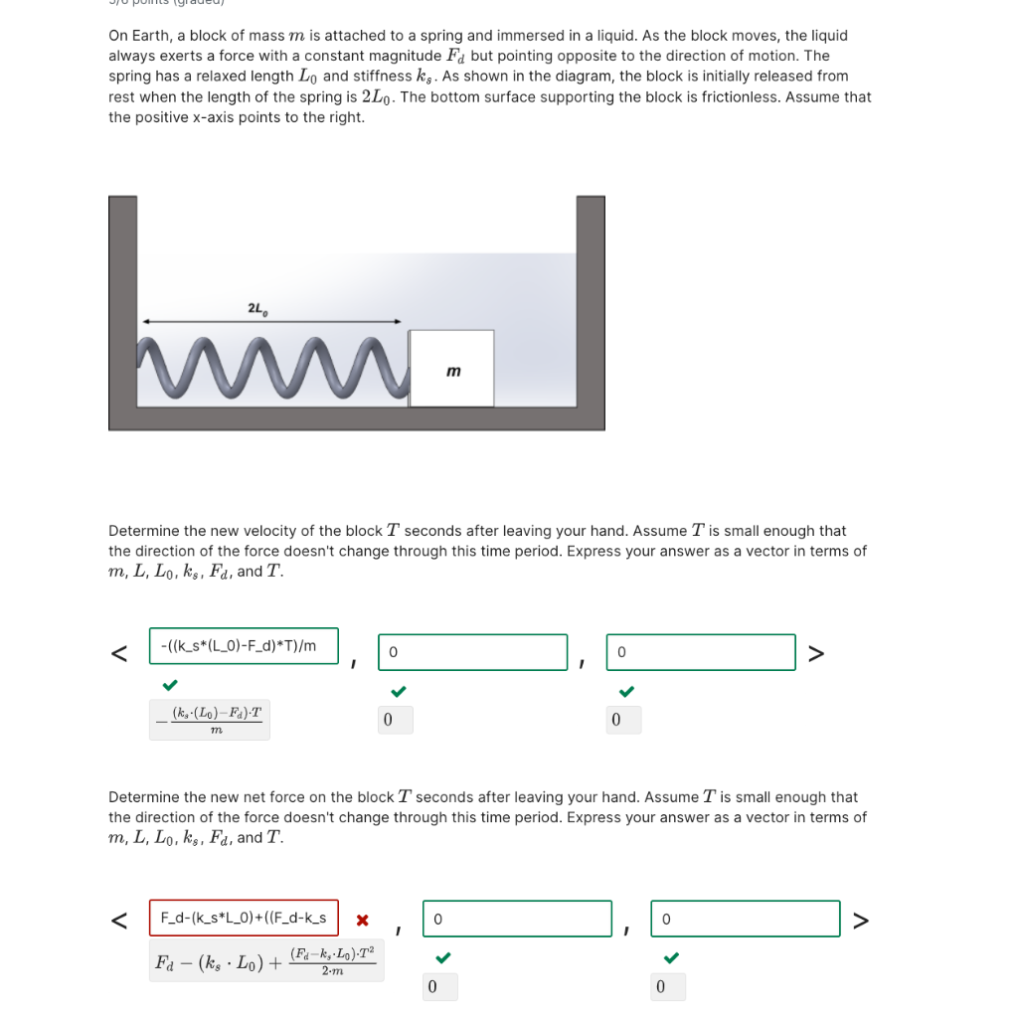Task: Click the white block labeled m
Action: pos(451,369)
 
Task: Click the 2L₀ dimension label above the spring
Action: pos(255,309)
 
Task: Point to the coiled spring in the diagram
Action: pos(273,369)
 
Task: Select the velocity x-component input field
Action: pos(244,646)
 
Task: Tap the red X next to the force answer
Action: pos(363,920)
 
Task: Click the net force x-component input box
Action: pos(244,918)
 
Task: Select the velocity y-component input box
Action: pos(472,652)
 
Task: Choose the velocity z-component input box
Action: pos(701,652)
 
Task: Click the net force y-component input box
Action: pos(517,919)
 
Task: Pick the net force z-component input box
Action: pos(746,919)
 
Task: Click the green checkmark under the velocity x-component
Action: pos(171,685)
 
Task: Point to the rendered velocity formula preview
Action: pos(210,720)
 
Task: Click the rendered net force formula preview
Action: pos(265,961)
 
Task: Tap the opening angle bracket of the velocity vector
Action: pos(118,653)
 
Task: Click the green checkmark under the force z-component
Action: pos(671,957)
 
